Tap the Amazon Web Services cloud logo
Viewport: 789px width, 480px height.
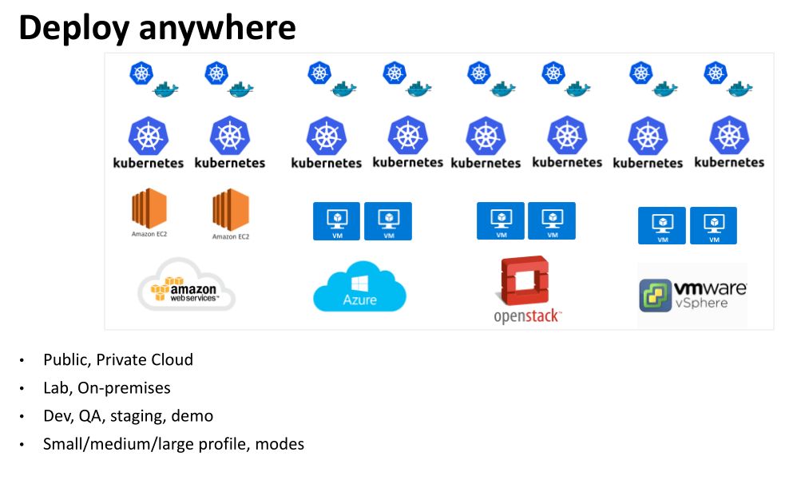187,286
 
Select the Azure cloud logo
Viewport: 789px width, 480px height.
359,287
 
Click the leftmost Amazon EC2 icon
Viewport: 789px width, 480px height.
149,211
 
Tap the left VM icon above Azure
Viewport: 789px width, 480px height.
337,220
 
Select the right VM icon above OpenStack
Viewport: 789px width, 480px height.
551,220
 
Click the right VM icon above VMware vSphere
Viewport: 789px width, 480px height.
713,224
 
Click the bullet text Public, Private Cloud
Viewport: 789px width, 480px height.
118,359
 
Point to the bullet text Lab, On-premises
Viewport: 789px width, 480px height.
107,388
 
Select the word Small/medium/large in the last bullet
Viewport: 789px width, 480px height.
106,444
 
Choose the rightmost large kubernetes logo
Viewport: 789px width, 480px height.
729,141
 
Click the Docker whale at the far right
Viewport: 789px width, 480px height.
740,88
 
